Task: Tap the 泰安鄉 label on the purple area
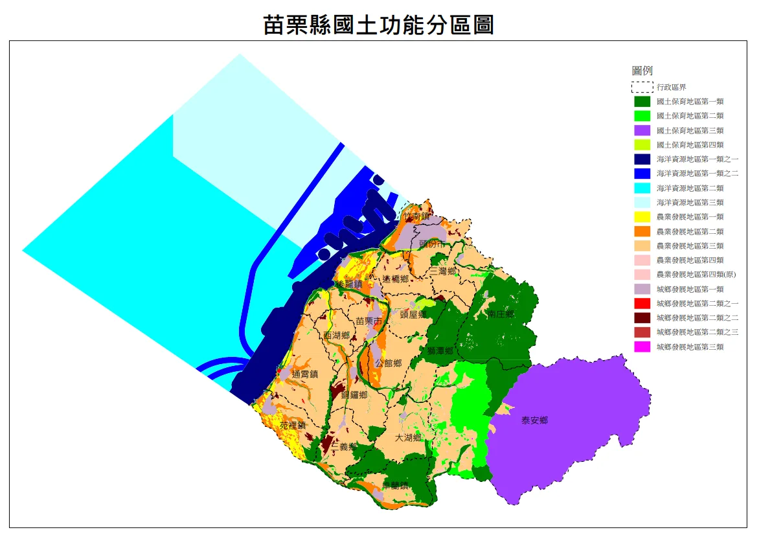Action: coord(534,420)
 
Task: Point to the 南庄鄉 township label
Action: coord(501,314)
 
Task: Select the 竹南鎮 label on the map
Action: coord(416,216)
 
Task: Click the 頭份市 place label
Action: coord(433,244)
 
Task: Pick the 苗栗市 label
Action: coord(369,321)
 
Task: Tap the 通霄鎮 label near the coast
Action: coord(305,374)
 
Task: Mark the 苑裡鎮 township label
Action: coord(292,426)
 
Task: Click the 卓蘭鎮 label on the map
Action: coord(395,486)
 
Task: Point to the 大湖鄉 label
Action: coord(408,438)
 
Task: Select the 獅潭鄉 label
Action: coord(440,350)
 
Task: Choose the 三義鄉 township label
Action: coord(344,446)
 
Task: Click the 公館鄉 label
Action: coord(388,363)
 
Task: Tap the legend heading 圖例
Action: coord(642,71)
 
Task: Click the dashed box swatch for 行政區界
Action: coord(642,87)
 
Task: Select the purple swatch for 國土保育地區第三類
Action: coord(642,130)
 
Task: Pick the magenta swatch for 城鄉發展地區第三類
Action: coord(642,347)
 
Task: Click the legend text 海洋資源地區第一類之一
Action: coord(697,159)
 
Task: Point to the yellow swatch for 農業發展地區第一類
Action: coord(642,217)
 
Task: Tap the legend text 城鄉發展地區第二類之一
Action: coord(697,303)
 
